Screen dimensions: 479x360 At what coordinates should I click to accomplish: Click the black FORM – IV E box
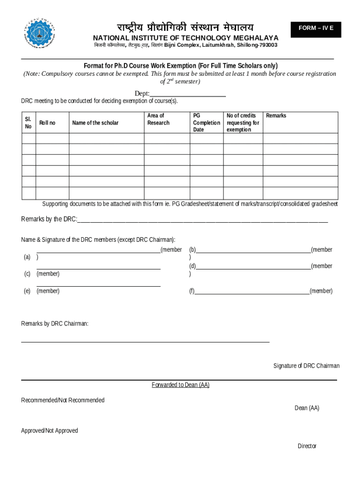click(316, 29)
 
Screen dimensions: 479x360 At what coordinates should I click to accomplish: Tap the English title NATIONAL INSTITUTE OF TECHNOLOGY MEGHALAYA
click(186, 38)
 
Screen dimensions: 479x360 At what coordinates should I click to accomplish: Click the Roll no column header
click(47, 123)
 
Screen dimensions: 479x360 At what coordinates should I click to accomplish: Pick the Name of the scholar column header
click(95, 123)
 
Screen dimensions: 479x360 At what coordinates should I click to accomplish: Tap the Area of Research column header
click(158, 119)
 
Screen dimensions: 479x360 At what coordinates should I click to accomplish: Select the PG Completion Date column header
click(206, 123)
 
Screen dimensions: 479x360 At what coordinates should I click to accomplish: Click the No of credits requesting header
click(243, 123)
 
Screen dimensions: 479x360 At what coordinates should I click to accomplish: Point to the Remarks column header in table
click(276, 116)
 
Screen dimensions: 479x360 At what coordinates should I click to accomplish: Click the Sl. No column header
click(28, 123)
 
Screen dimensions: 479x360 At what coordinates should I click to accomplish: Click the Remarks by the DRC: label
click(49, 219)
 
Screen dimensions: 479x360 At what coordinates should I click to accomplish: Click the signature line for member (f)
click(252, 292)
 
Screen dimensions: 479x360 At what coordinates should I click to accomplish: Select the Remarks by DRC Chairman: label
click(55, 324)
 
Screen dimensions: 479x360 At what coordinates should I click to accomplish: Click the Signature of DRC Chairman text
click(306, 366)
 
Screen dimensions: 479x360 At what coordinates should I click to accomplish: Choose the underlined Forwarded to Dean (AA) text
click(180, 385)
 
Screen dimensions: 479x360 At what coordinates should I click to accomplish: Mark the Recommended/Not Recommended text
click(63, 400)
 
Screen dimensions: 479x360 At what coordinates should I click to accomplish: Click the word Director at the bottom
click(307, 446)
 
